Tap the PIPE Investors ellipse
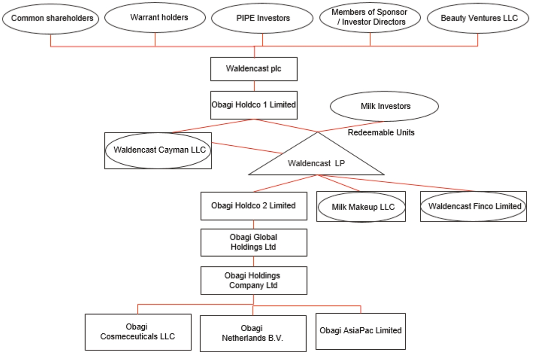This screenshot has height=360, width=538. coord(263,18)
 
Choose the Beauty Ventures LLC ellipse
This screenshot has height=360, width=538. coord(479,18)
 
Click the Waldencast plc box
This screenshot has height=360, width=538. coord(254,69)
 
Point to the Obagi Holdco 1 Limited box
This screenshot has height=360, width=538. coord(254,105)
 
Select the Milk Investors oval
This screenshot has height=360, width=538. coord(385,106)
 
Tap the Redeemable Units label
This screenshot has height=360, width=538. coord(381,132)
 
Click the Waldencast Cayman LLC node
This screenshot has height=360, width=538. coord(158,150)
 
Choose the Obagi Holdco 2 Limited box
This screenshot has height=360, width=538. coord(254,206)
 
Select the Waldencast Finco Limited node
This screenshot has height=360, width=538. coord(473,206)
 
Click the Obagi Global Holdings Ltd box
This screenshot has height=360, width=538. coord(254,243)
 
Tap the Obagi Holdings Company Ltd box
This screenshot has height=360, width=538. coord(254,280)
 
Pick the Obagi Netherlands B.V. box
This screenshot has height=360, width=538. coord(253,333)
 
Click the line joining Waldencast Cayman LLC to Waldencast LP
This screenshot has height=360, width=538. coord(246,147)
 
